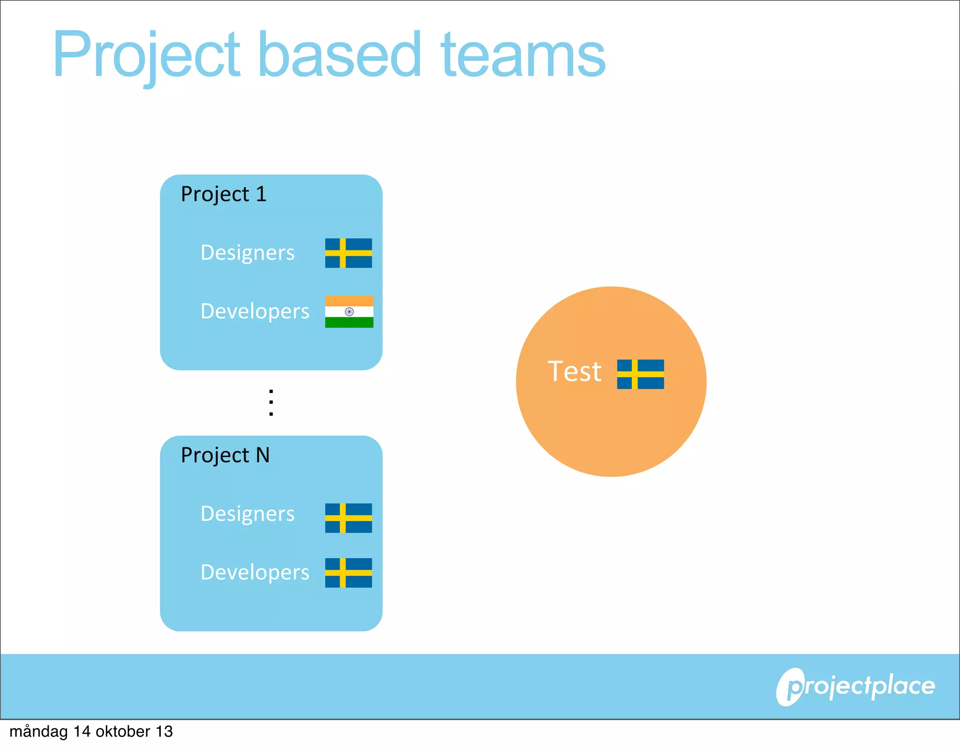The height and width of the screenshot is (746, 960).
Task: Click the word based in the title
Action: pyautogui.click(x=339, y=55)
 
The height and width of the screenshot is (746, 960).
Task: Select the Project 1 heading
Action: pyautogui.click(x=224, y=194)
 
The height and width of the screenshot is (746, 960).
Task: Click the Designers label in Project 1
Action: pyautogui.click(x=247, y=253)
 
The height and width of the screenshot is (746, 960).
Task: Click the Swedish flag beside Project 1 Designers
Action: pyautogui.click(x=348, y=253)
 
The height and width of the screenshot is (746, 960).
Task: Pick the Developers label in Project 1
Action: pyautogui.click(x=255, y=311)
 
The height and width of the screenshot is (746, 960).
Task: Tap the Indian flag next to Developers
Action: pyautogui.click(x=349, y=311)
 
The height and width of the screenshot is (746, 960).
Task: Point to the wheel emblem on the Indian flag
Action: pyautogui.click(x=349, y=312)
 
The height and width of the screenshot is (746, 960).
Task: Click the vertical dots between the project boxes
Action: pyautogui.click(x=271, y=403)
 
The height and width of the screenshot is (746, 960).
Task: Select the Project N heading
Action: pyautogui.click(x=225, y=455)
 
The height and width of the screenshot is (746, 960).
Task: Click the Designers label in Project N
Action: pyautogui.click(x=247, y=514)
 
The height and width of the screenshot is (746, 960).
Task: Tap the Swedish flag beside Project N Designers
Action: pyautogui.click(x=348, y=518)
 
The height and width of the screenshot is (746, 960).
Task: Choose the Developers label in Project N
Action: pyautogui.click(x=255, y=572)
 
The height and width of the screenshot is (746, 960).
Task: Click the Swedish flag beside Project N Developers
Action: pyautogui.click(x=348, y=573)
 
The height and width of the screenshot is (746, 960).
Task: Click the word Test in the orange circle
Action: pyautogui.click(x=574, y=372)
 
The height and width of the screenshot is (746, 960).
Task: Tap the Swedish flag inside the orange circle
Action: pyautogui.click(x=640, y=374)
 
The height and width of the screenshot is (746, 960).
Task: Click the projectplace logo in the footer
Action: pyautogui.click(x=855, y=687)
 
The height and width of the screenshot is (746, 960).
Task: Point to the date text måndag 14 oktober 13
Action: pyautogui.click(x=91, y=731)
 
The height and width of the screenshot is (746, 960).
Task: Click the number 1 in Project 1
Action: pyautogui.click(x=261, y=194)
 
